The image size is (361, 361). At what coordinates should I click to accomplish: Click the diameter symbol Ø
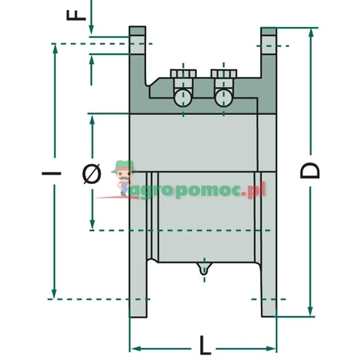tap(92, 173)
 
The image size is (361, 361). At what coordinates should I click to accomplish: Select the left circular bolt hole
tap(183, 98)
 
